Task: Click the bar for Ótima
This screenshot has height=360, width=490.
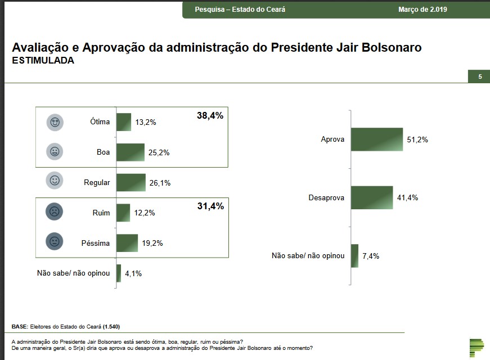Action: (124, 122)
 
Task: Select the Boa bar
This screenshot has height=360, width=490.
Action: (131, 152)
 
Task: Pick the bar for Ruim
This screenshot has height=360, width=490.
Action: (123, 213)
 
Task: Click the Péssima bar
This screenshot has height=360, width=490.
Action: (127, 243)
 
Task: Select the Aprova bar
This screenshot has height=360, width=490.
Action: (377, 139)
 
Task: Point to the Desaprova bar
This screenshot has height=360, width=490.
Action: (372, 197)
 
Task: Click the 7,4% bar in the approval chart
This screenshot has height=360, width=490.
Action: (354, 256)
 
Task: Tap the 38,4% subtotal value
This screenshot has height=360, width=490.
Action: (210, 116)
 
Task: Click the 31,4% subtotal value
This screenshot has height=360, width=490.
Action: (210, 206)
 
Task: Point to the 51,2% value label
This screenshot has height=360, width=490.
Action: (417, 139)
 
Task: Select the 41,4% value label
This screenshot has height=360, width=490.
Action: (407, 197)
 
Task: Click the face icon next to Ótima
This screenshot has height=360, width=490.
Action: (55, 122)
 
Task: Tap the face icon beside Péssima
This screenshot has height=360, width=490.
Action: (55, 242)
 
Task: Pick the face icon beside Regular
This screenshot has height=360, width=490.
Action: (55, 181)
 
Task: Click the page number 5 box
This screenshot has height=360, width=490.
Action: (479, 76)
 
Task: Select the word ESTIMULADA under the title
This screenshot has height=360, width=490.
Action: (43, 61)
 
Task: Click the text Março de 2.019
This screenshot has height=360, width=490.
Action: (422, 10)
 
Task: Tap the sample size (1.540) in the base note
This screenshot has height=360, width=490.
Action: (111, 327)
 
